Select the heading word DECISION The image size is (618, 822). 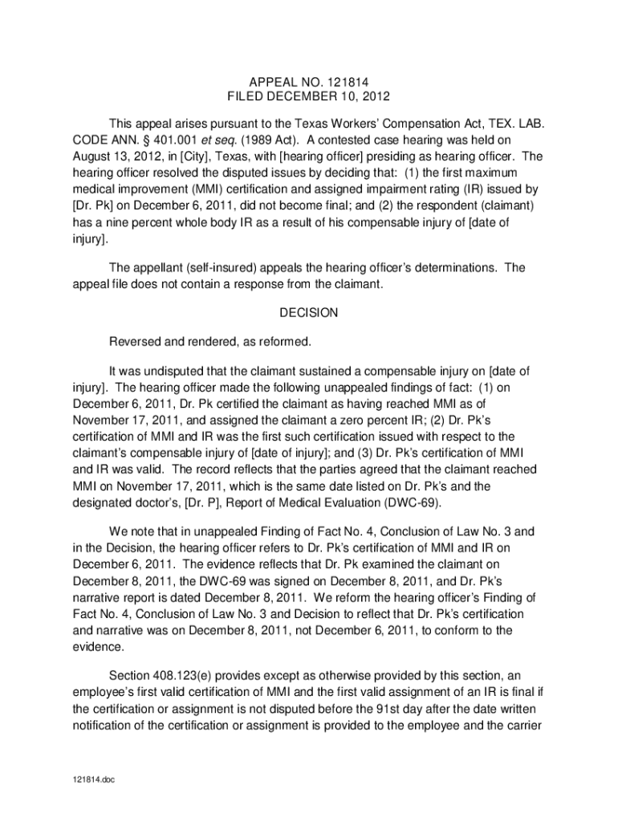tap(308, 314)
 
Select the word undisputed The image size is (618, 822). tap(180, 371)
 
